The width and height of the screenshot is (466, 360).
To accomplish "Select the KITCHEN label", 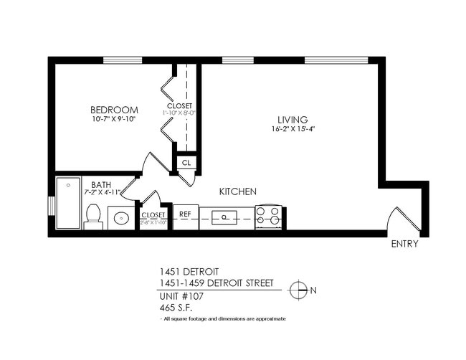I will (x=237, y=191).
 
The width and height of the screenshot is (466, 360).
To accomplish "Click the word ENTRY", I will (x=405, y=244).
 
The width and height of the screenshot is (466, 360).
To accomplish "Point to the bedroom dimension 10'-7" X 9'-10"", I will (x=113, y=119).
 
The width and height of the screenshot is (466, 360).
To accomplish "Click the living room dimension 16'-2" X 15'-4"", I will (x=293, y=130).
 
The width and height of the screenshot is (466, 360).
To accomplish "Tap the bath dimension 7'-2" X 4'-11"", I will (x=100, y=194).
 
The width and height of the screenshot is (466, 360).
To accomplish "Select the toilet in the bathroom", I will (x=93, y=216).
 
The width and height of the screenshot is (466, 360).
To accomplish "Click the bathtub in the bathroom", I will (x=68, y=203).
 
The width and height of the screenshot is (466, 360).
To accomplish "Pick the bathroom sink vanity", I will (x=120, y=217).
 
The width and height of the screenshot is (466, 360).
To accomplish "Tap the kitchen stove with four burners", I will (x=269, y=217).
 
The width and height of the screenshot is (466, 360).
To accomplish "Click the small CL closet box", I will (x=186, y=163).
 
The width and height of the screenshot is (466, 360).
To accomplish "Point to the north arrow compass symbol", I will (x=298, y=290).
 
